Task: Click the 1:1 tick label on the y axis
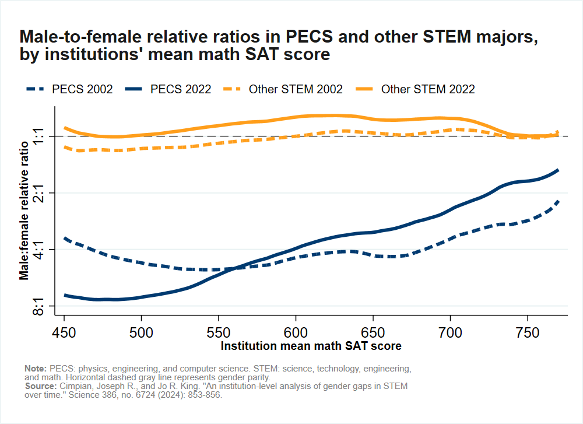39,136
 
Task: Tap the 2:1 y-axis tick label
39,193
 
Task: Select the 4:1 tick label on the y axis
39,250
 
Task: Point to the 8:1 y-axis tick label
39,306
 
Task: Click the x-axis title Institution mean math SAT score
311,346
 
